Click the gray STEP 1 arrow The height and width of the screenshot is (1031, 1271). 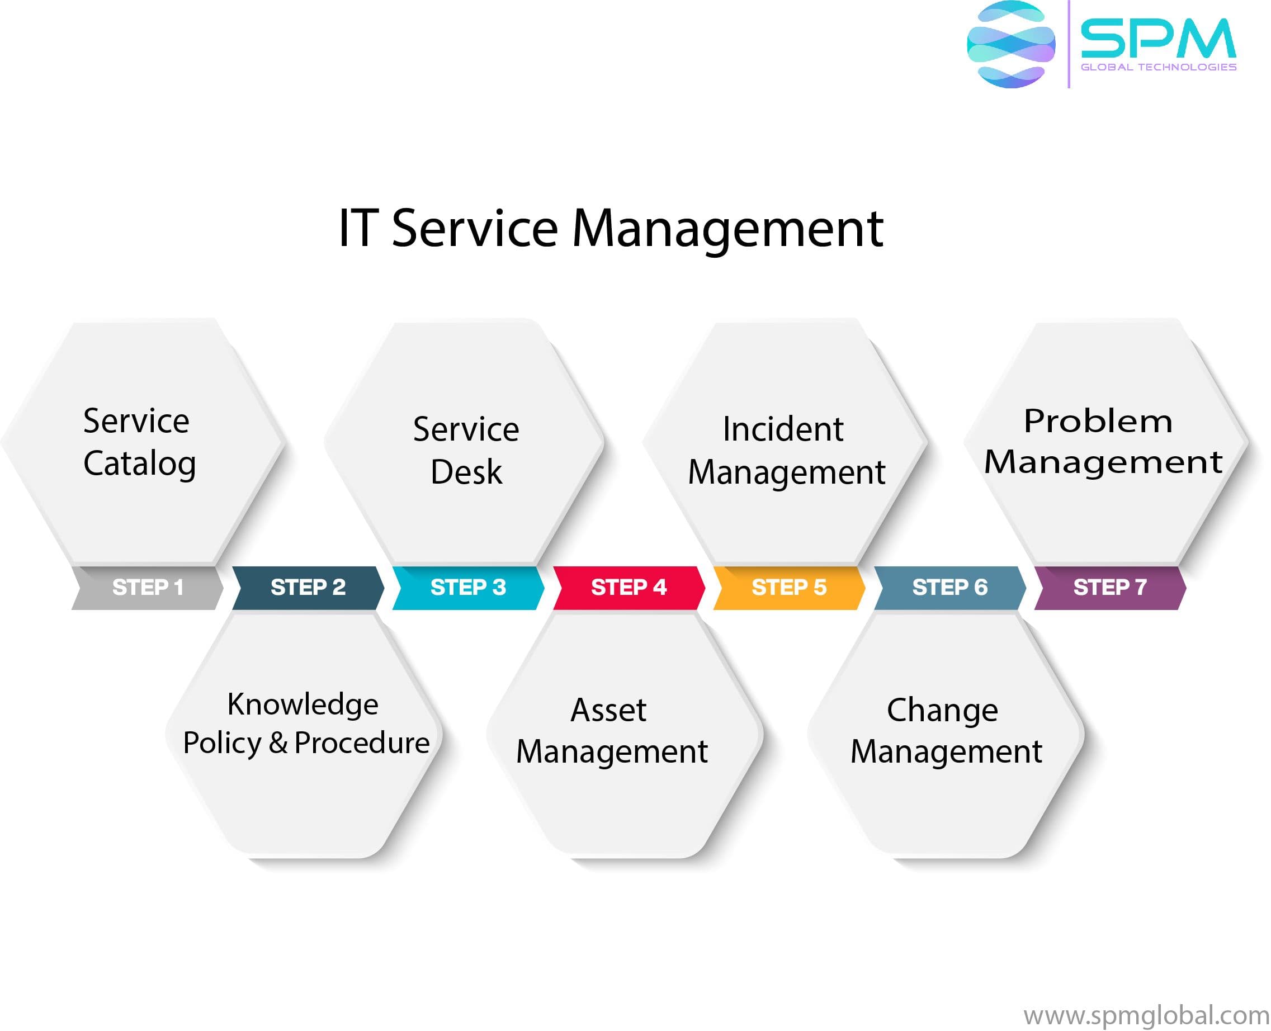coord(147,588)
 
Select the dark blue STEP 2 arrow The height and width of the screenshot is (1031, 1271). coord(308,588)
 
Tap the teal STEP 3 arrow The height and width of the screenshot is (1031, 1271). coord(468,588)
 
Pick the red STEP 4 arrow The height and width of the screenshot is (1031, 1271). coord(629,588)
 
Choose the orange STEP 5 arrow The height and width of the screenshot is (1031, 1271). coord(789,588)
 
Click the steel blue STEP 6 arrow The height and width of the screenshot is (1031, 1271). coord(949,588)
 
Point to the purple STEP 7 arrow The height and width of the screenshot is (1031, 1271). coord(1109,588)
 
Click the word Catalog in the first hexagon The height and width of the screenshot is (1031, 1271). coord(140,464)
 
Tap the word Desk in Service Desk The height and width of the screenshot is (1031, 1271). coord(466,472)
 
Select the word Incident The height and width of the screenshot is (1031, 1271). coord(783,429)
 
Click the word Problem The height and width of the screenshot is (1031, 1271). coord(1098,421)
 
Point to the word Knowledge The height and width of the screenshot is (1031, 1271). coord(303,705)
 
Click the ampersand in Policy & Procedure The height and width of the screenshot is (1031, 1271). coord(278,743)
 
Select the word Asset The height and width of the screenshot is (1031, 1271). coord(608,710)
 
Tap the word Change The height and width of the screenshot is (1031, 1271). coord(942,711)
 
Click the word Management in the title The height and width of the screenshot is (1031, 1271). coord(727,229)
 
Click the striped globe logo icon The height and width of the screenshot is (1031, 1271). coord(1010,45)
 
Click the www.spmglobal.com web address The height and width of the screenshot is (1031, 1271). coord(1146,1015)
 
